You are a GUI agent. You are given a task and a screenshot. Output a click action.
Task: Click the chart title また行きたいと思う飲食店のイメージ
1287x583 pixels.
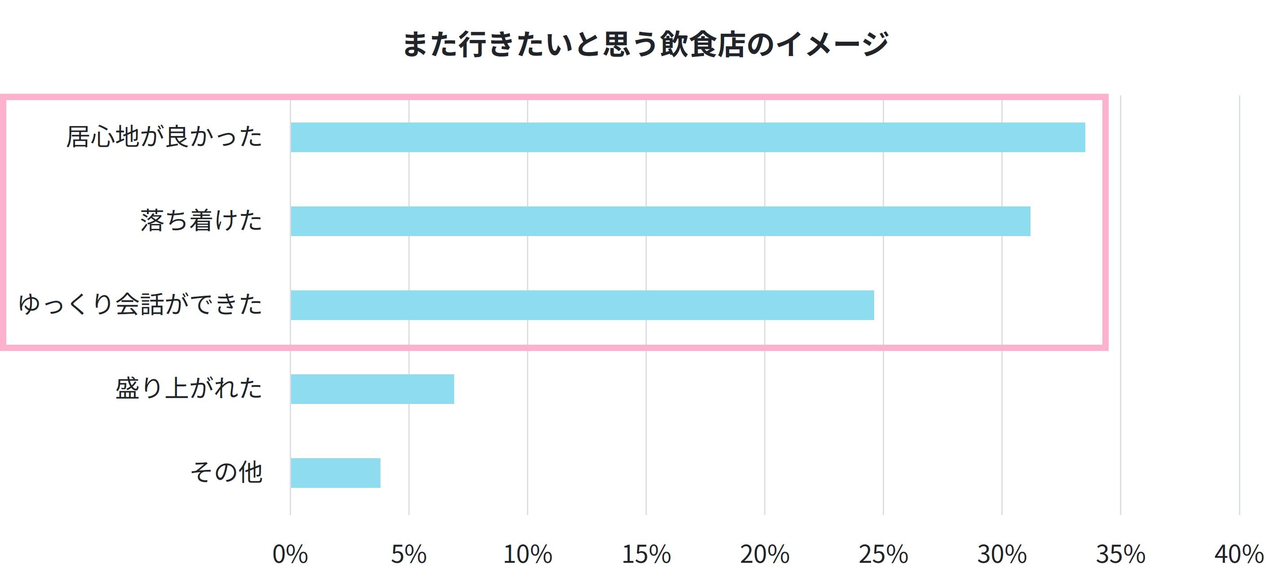(x=645, y=44)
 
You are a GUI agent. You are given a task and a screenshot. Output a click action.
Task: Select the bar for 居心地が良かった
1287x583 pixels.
(x=687, y=137)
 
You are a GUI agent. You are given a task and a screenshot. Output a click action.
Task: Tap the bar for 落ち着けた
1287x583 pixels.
(x=660, y=221)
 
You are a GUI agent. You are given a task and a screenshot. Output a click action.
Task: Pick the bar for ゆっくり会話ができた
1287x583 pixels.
(x=582, y=305)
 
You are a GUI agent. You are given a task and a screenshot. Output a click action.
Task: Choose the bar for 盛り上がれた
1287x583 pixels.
(x=372, y=389)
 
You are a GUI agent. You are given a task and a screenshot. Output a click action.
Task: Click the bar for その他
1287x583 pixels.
(x=335, y=473)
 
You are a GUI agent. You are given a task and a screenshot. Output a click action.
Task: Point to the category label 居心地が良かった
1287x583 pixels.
(x=164, y=137)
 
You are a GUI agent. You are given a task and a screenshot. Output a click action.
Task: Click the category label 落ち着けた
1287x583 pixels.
(x=201, y=221)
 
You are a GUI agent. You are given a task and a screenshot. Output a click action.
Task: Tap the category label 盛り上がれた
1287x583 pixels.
(x=188, y=389)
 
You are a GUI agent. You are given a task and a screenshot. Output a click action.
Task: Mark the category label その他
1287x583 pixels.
(x=226, y=473)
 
